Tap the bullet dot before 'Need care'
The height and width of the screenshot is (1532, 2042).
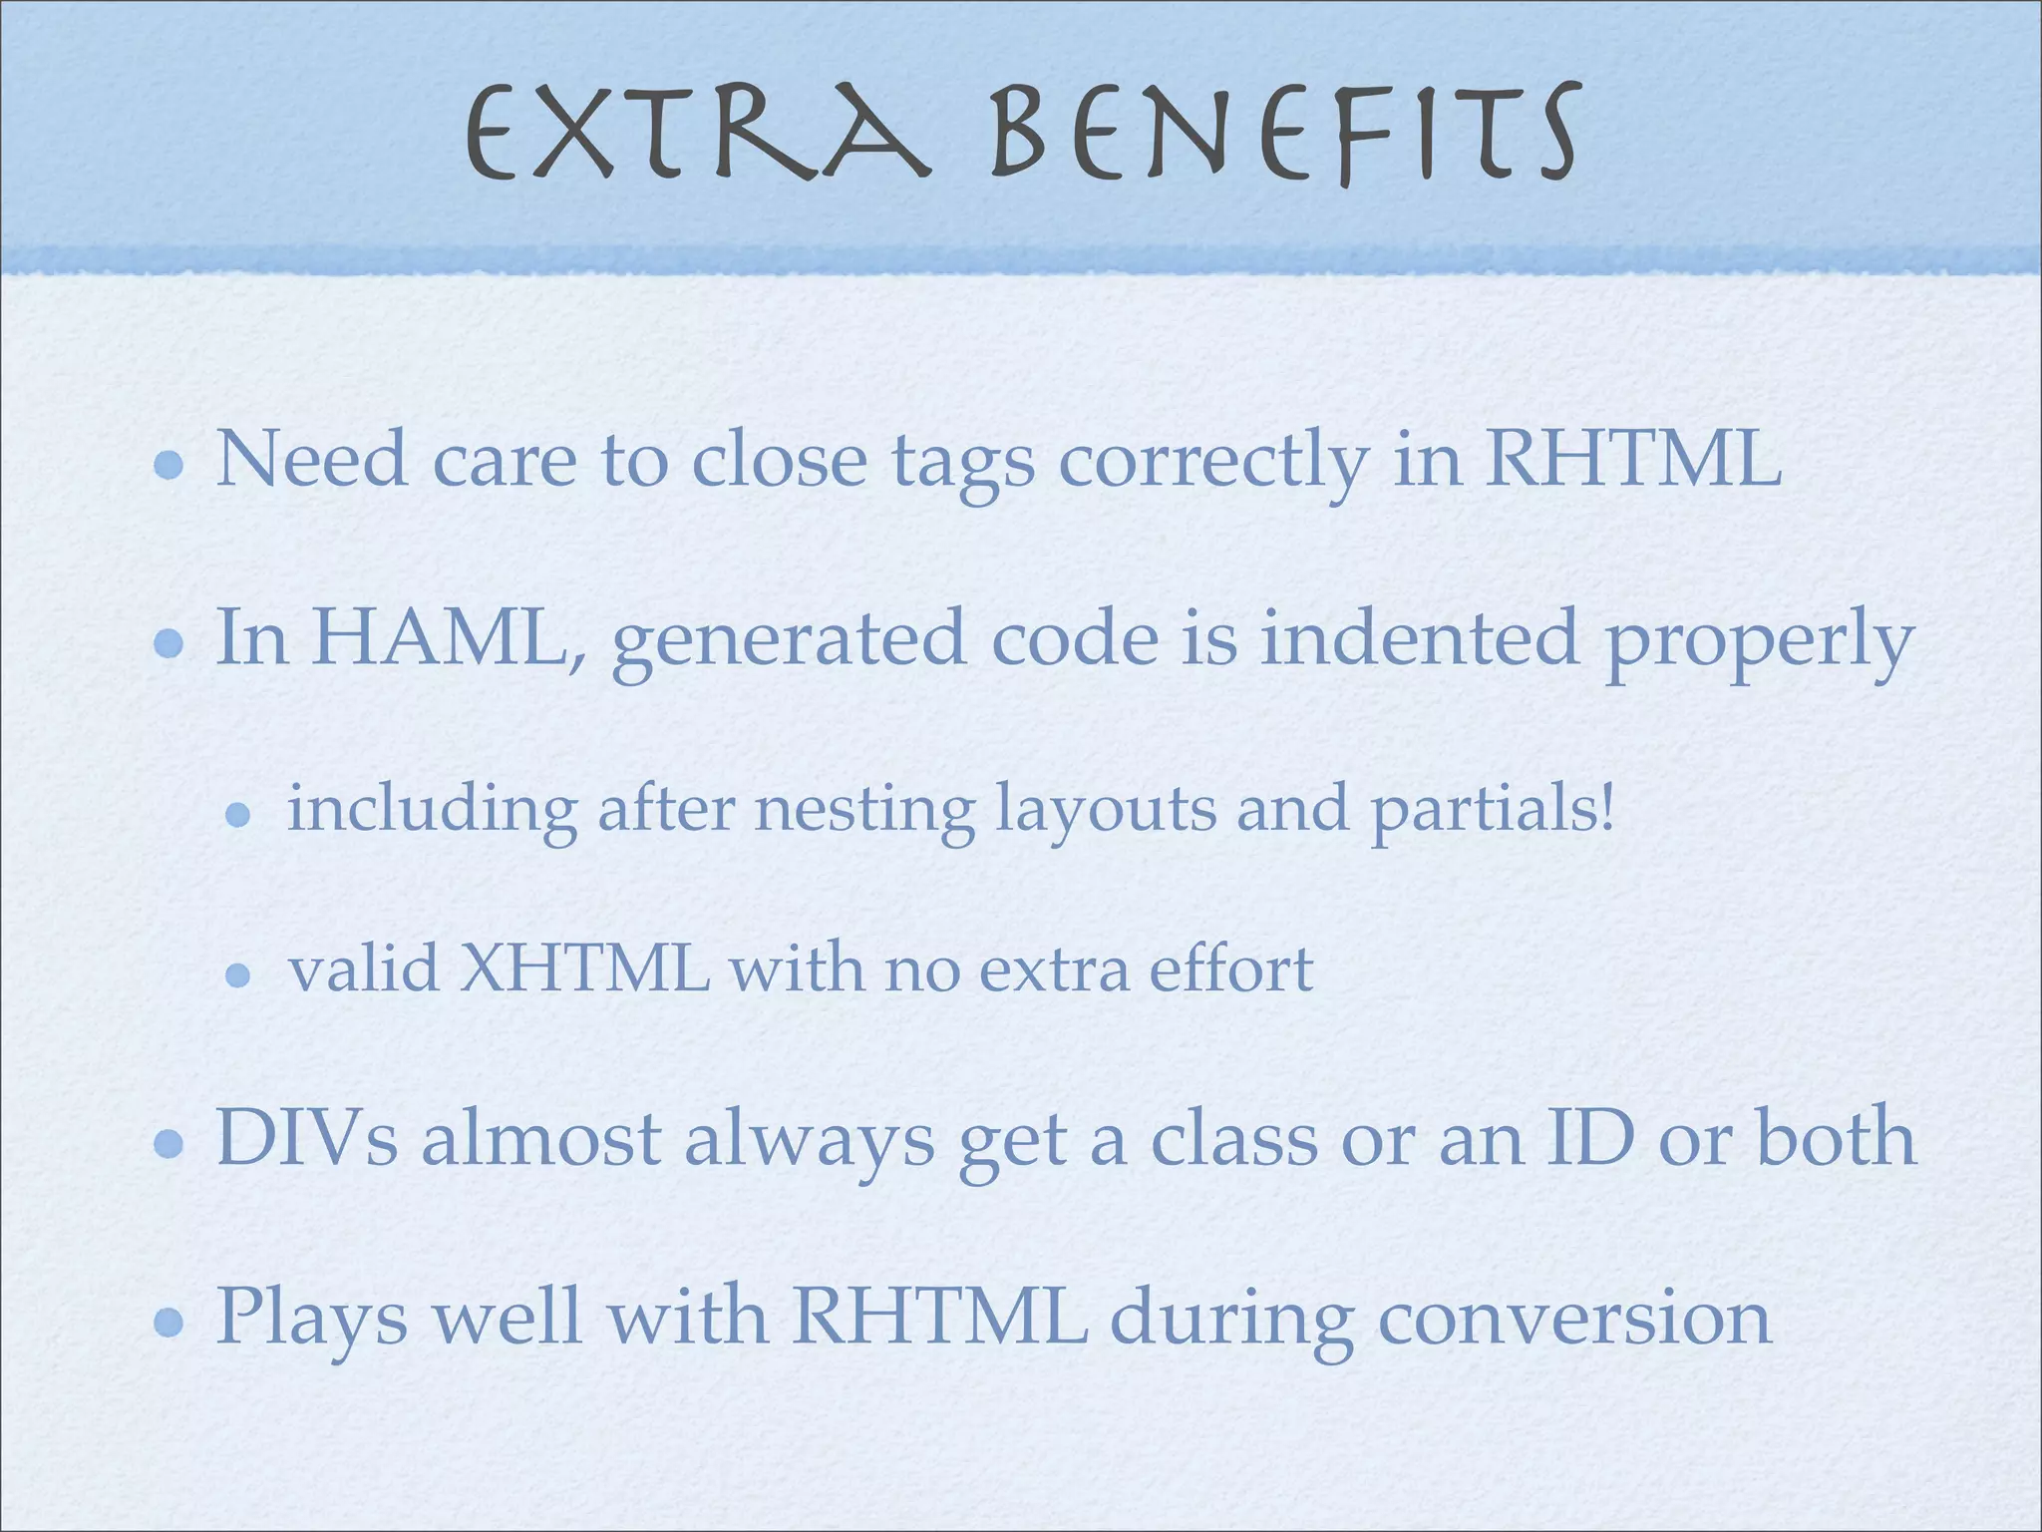click(x=170, y=465)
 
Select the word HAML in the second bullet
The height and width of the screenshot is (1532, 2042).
click(x=439, y=638)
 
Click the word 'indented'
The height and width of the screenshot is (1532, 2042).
click(x=1420, y=638)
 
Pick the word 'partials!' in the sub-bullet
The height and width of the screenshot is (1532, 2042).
click(x=1492, y=810)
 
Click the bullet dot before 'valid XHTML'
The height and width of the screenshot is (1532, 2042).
click(x=237, y=974)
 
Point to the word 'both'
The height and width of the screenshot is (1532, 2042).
click(x=1836, y=1138)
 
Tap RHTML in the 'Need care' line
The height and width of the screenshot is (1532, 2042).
click(x=1633, y=460)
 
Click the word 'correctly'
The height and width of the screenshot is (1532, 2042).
click(x=1212, y=463)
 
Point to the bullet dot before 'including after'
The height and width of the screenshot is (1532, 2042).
click(x=237, y=816)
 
